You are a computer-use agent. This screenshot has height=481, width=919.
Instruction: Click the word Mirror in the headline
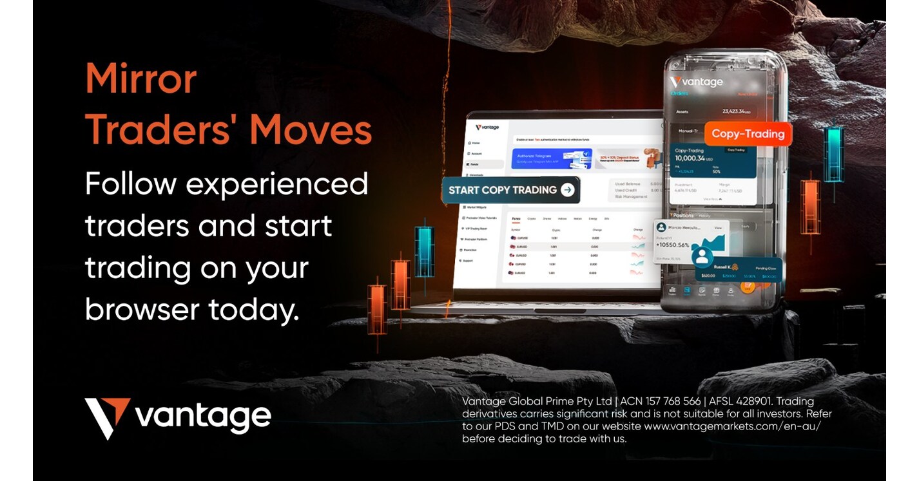coord(140,79)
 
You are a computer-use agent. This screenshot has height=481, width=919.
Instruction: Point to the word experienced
coord(276,185)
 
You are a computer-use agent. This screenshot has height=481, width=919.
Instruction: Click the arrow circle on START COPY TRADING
coord(567,190)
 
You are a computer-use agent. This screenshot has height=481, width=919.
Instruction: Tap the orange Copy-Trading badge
coord(748,134)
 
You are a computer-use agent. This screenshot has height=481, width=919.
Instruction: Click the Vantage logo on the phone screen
coord(696,82)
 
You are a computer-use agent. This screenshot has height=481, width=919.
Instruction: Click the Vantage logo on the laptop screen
coord(488,127)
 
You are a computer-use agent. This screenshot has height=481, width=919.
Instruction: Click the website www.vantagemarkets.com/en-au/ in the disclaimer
coord(731,426)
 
